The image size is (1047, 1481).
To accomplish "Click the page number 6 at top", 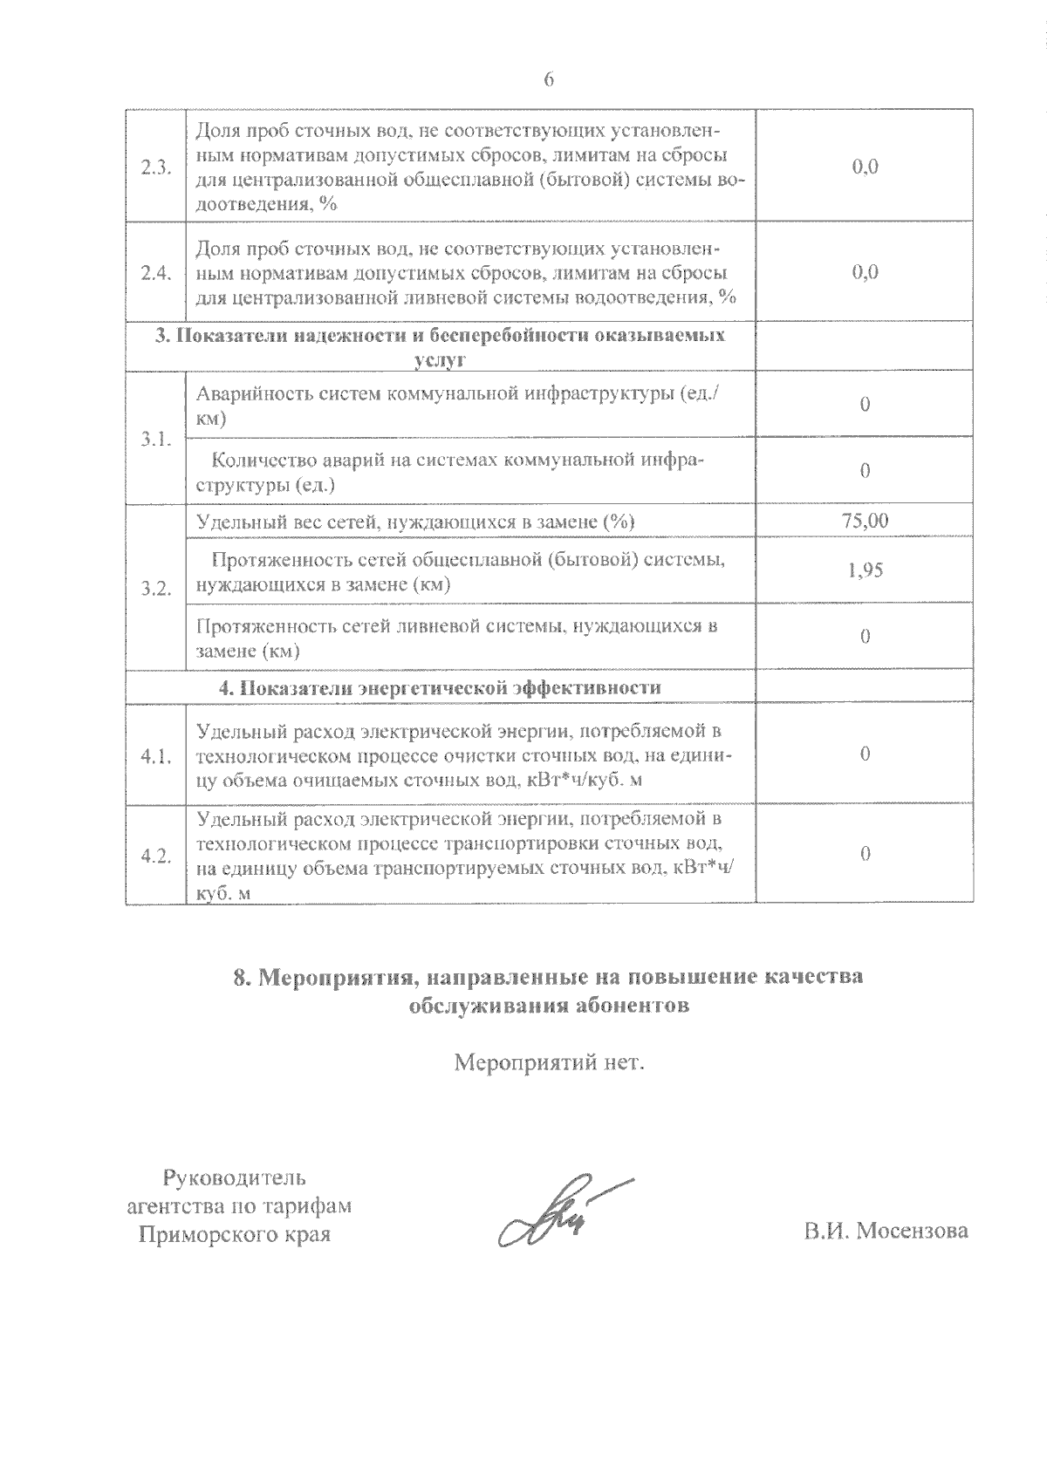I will tap(549, 79).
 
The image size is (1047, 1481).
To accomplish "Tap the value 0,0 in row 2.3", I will tap(865, 167).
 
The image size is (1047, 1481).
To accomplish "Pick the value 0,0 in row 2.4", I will tap(865, 272).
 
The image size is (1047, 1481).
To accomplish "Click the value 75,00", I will tap(865, 521).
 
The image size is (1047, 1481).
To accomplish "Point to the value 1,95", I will tap(865, 570).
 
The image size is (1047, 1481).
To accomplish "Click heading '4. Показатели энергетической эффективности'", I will tap(440, 687).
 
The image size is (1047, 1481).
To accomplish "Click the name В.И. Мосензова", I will tap(886, 1231).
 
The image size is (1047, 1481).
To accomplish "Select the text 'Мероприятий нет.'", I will tap(549, 1064).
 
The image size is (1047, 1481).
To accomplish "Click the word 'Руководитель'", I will tap(235, 1179).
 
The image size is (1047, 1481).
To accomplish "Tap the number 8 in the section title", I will tap(242, 977).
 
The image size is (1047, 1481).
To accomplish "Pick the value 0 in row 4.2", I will tap(865, 854).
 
